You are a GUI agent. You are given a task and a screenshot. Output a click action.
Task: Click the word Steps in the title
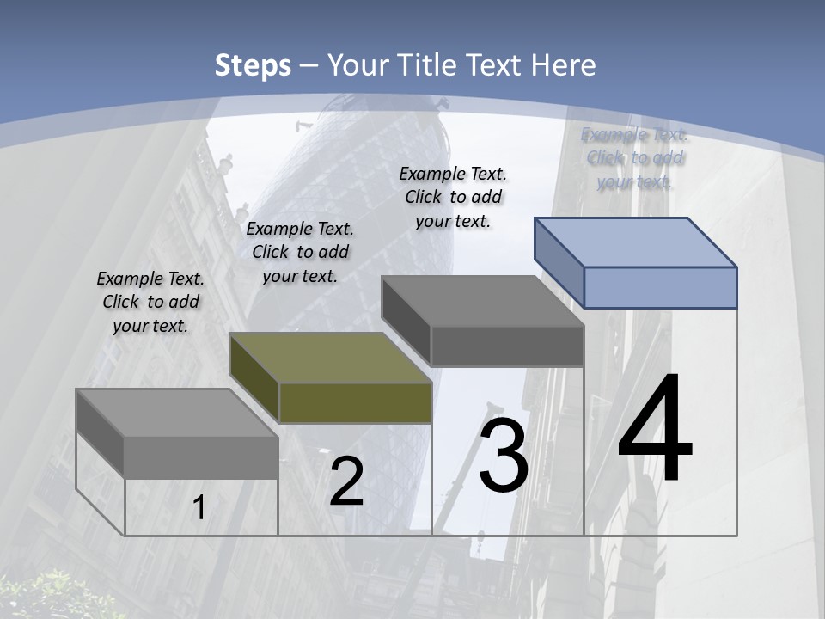pos(253,65)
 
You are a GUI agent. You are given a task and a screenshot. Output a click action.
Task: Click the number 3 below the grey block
pos(504,456)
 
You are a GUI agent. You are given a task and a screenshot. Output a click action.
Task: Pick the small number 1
pos(199,508)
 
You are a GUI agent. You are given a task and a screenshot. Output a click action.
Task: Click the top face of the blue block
pos(636,242)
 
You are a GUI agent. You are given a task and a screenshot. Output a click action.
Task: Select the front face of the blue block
pos(660,287)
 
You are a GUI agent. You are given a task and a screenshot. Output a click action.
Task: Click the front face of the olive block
pos(355,402)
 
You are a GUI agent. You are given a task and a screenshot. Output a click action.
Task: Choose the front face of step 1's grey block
pos(201,457)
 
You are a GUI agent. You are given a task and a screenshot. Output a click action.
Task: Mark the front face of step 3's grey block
pos(507,346)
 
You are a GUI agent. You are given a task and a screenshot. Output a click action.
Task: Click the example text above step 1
pos(150,302)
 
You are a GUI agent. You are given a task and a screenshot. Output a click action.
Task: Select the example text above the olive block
pos(300,252)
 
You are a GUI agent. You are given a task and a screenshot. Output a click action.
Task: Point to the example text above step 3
pos(453,197)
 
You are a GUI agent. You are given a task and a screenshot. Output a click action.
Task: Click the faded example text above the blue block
pos(634,157)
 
